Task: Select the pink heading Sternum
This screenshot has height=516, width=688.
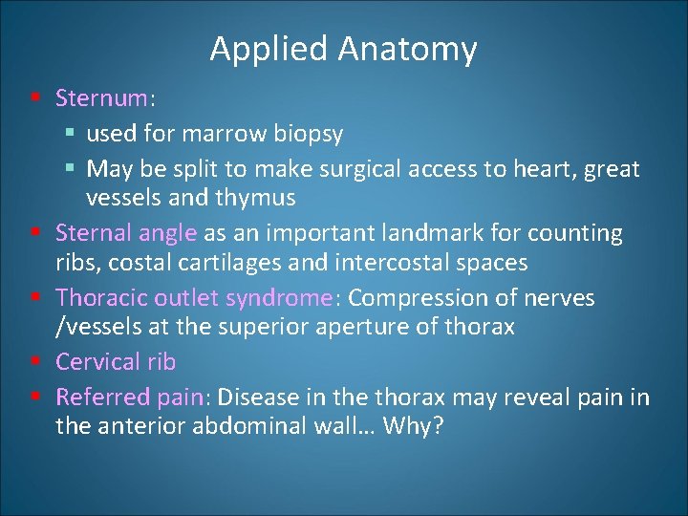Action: [101, 98]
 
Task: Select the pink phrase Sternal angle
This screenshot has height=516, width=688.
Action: [126, 233]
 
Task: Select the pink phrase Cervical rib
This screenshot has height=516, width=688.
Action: [116, 362]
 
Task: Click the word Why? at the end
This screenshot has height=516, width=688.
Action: [413, 425]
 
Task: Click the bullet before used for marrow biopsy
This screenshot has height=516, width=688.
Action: [73, 134]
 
